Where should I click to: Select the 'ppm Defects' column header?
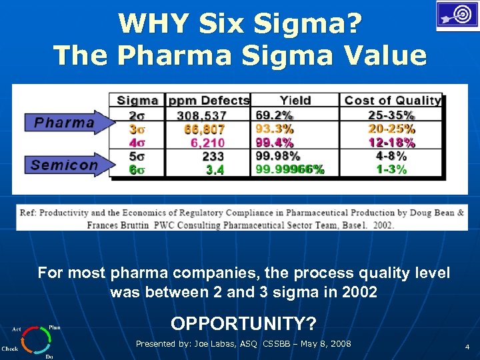tap(209, 101)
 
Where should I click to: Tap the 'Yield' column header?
tap(295, 101)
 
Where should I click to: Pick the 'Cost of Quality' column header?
tap(392, 101)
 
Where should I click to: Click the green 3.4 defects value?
tap(215, 170)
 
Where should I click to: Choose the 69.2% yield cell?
tap(274, 115)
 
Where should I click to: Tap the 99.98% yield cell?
tap(277, 156)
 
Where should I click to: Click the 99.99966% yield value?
tap(290, 170)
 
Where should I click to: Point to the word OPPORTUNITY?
tap(243, 323)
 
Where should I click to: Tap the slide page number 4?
tap(467, 347)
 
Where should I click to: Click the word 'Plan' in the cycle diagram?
tap(54, 327)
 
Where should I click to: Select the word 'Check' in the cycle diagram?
tap(9, 349)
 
